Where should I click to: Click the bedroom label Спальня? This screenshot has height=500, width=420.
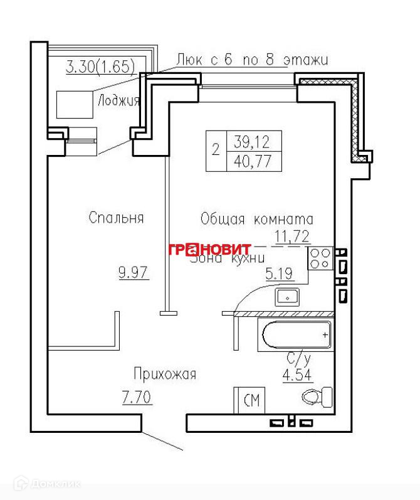point(116,218)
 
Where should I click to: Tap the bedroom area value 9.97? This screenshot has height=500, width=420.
point(133,273)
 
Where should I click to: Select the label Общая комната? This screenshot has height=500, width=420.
point(256,220)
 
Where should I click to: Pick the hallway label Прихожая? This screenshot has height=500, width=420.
point(165,375)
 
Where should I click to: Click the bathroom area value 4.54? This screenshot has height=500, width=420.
point(298,376)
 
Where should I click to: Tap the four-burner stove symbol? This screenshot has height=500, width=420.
point(320,259)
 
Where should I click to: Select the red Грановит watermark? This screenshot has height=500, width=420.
point(209,249)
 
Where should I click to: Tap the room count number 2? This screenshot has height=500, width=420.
point(216,150)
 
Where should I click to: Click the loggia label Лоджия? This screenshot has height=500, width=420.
point(118,100)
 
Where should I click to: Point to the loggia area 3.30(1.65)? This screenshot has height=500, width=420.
point(101,66)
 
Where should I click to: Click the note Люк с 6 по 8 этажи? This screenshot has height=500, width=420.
point(252,60)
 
